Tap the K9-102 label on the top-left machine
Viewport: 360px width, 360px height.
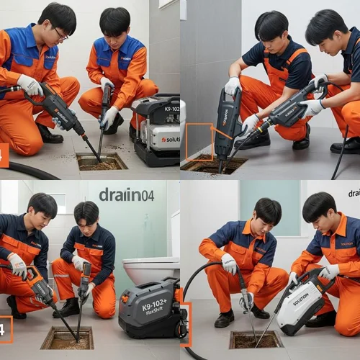coord(171,109)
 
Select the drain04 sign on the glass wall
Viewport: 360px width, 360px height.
coord(127,194)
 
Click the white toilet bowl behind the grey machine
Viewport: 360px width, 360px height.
coord(150,270)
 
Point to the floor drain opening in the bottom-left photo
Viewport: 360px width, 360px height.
coord(67,338)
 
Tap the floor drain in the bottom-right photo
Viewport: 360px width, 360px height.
coord(256,338)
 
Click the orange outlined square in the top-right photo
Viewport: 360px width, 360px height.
coord(199,141)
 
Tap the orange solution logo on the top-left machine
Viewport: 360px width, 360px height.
coord(169,139)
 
